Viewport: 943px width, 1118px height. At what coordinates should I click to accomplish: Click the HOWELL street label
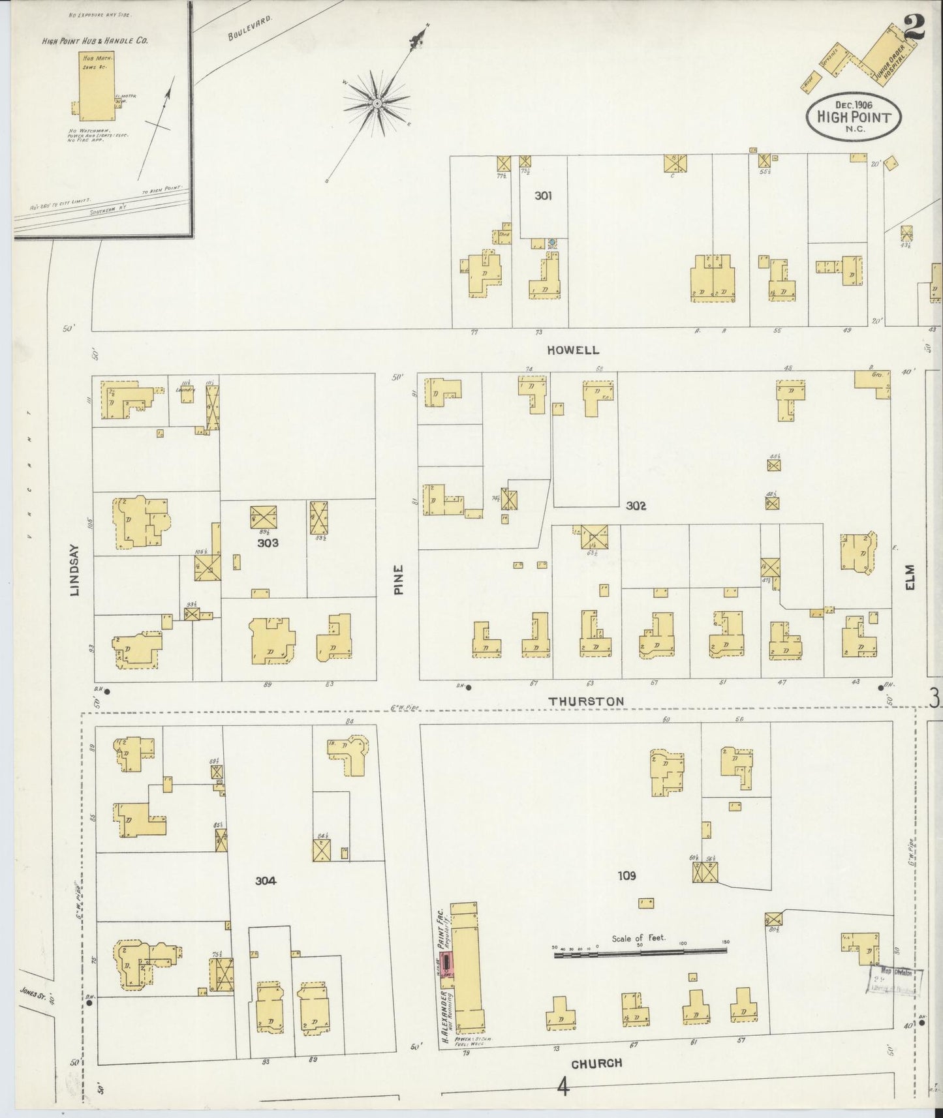coord(573,350)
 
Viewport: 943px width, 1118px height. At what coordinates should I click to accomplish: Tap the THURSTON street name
coord(585,701)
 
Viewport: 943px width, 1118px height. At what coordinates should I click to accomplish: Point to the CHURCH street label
coord(596,1063)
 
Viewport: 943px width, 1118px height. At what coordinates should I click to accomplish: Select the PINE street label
coord(399,579)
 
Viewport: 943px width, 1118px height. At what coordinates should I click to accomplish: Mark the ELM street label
coord(910,577)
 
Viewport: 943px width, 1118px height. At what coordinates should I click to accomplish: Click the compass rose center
coord(378,103)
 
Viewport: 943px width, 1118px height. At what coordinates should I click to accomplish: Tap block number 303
coord(268,542)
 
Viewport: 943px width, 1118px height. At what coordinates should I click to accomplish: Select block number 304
coord(266,881)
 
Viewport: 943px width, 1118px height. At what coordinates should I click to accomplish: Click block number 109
coord(626,875)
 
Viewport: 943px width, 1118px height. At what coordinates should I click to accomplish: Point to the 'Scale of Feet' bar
coord(640,953)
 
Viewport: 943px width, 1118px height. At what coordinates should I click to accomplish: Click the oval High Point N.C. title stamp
coord(854,116)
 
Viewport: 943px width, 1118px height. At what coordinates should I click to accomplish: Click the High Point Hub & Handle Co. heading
coord(95,40)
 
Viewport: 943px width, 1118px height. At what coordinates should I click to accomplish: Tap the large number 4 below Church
coord(563,1088)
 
